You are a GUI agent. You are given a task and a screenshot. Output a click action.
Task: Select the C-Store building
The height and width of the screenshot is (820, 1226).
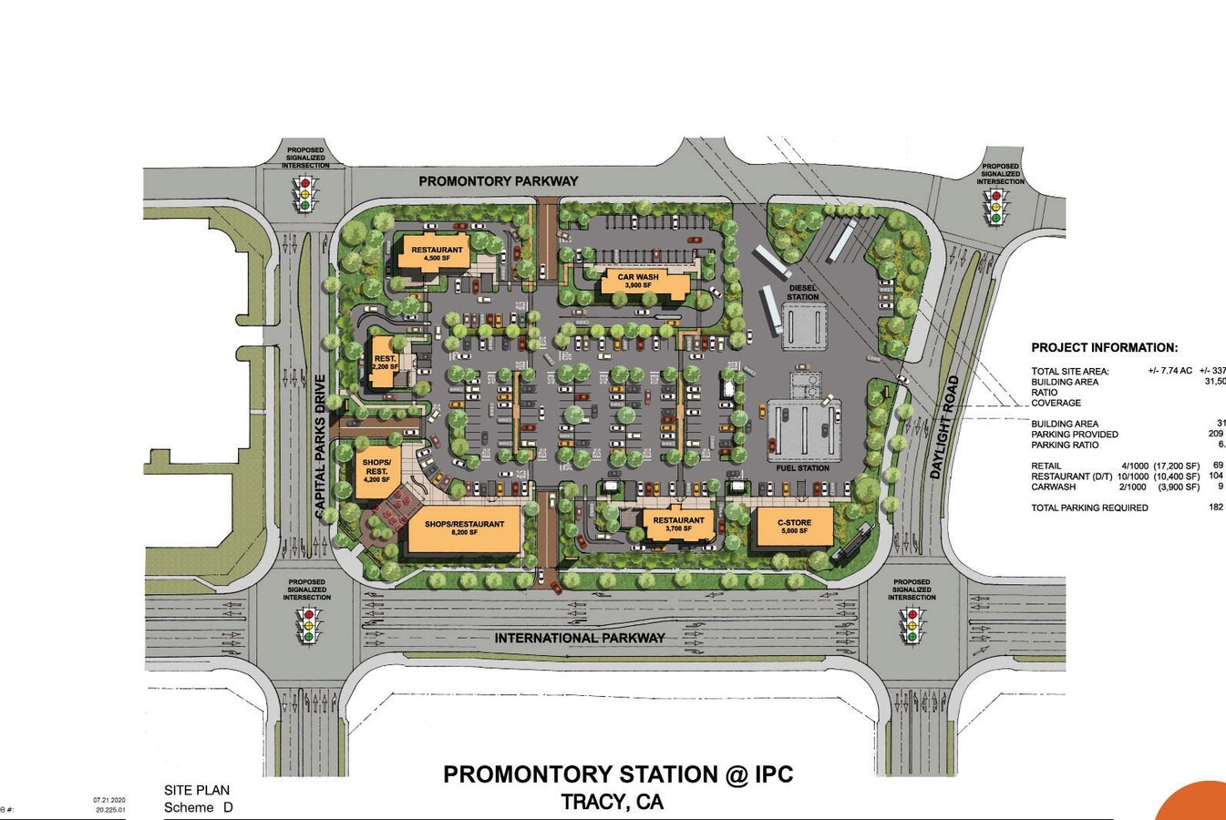(793, 528)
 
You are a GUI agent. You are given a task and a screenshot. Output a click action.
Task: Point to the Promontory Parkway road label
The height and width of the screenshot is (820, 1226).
(498, 181)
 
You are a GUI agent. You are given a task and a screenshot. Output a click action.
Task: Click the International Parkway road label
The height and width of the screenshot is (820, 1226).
(580, 638)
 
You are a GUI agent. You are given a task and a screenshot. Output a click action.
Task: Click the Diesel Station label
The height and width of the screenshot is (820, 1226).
(802, 292)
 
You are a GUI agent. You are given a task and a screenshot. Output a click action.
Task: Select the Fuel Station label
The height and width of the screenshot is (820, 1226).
(802, 468)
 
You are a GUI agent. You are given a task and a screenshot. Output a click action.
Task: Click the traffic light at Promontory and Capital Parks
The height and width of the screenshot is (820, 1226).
(306, 193)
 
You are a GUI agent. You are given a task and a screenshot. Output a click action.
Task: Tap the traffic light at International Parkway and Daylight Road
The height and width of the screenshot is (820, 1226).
(911, 625)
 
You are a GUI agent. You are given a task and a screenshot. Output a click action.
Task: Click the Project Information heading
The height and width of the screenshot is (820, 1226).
(1104, 347)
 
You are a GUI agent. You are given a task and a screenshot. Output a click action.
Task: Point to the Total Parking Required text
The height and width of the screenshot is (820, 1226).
(1089, 507)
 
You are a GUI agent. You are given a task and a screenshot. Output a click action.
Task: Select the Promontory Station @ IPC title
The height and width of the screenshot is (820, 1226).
(618, 774)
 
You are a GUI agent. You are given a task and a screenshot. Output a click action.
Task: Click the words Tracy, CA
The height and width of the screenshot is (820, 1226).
(612, 802)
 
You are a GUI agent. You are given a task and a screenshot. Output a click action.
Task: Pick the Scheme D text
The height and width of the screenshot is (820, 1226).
(198, 807)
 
